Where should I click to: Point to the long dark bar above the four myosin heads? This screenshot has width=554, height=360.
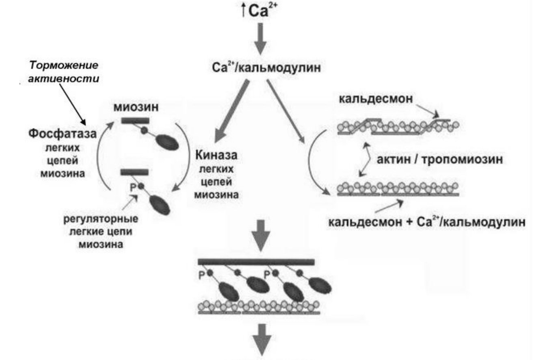[x=256, y=262]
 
